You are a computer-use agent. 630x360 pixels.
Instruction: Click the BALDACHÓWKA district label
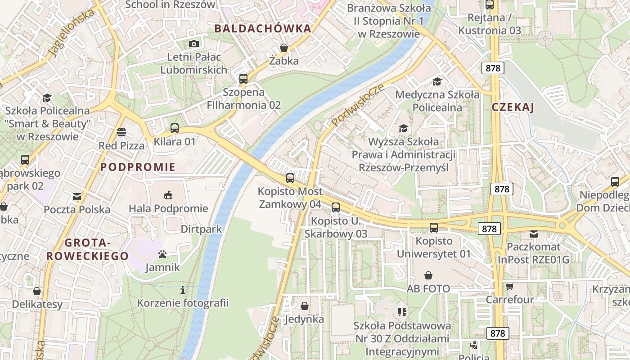click(262, 29)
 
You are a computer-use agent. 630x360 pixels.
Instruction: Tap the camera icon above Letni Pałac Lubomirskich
click(194, 44)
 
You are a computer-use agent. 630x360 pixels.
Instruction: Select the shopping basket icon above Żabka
click(284, 48)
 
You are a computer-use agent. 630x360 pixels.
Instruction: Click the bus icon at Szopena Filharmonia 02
click(243, 78)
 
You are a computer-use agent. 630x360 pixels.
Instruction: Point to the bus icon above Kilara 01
click(175, 128)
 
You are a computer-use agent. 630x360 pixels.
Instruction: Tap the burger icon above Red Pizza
click(121, 132)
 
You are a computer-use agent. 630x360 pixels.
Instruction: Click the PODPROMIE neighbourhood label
click(138, 167)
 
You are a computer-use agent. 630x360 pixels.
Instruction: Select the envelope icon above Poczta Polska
click(77, 197)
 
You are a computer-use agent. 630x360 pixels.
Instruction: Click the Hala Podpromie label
click(168, 208)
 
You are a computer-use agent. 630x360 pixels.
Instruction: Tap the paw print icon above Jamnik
click(162, 255)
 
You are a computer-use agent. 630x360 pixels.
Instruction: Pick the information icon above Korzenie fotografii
click(183, 290)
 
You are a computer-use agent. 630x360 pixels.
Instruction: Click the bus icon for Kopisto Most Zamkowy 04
click(290, 178)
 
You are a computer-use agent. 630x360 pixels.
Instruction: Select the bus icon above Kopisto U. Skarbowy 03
click(336, 207)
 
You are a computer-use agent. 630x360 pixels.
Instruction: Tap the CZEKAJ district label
click(513, 107)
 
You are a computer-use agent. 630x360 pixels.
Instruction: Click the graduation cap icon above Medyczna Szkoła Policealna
click(437, 81)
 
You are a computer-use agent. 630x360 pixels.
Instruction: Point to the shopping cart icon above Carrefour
click(509, 287)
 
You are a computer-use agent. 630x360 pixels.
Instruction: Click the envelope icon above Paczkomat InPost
click(534, 234)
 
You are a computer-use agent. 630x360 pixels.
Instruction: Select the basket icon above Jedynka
click(305, 306)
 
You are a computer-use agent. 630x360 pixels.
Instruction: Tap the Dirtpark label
click(201, 229)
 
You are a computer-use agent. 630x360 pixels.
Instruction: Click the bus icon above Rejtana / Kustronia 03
click(490, 5)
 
